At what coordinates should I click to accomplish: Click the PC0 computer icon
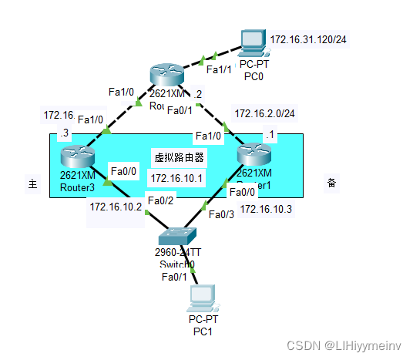point(252,43)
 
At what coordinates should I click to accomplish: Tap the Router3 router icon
point(77,156)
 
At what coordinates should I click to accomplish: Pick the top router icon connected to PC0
point(167,74)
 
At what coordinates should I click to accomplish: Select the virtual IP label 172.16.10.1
point(176,178)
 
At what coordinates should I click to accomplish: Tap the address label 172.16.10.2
point(116,207)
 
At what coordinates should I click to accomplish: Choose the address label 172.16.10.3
point(267,209)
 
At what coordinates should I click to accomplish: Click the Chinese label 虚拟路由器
point(179,156)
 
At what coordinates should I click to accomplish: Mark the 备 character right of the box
point(331,183)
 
